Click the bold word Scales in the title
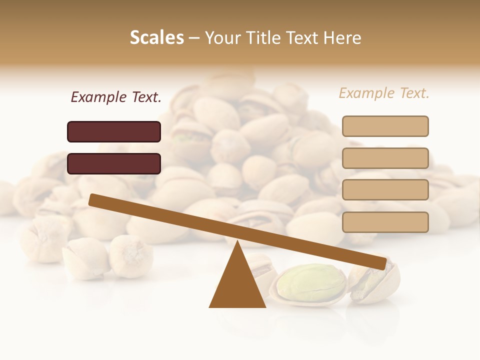point(156,38)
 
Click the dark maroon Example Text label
point(116,97)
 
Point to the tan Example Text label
point(384,93)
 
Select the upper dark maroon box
point(114,131)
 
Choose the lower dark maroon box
point(114,163)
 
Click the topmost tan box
point(385,126)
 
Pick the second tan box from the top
point(385,158)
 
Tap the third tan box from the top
point(385,190)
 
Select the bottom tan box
point(385,222)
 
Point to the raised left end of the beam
point(93,199)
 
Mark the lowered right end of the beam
point(382,263)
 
